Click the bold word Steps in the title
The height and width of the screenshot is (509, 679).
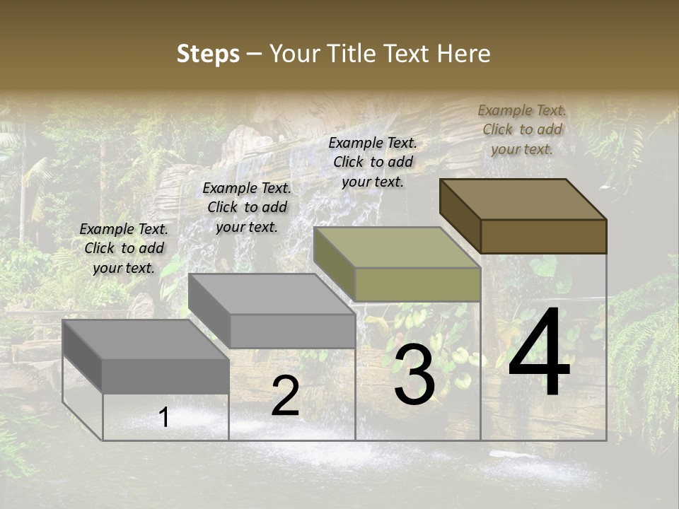coord(208,54)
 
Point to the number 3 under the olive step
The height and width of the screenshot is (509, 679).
coord(414,375)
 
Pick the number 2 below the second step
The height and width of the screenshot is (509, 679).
coord(285,397)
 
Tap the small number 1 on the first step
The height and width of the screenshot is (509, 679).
coord(164,418)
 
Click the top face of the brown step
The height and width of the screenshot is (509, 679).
coord(522,199)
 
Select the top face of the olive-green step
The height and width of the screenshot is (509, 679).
coord(396,247)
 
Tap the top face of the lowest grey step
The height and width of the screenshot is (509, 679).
coord(145,339)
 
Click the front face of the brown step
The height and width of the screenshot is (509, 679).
coord(543,236)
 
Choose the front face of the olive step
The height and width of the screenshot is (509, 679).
coord(417,284)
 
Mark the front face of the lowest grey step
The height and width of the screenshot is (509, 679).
coord(166,375)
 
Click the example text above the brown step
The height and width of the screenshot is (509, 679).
coord(522,129)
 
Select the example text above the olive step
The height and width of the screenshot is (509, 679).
coord(373,162)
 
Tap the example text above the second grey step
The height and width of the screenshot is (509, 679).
coord(247,207)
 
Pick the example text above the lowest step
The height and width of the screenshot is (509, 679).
coord(124,248)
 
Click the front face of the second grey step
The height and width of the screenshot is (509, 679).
coord(292,331)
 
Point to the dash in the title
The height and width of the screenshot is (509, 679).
coord(255,54)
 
